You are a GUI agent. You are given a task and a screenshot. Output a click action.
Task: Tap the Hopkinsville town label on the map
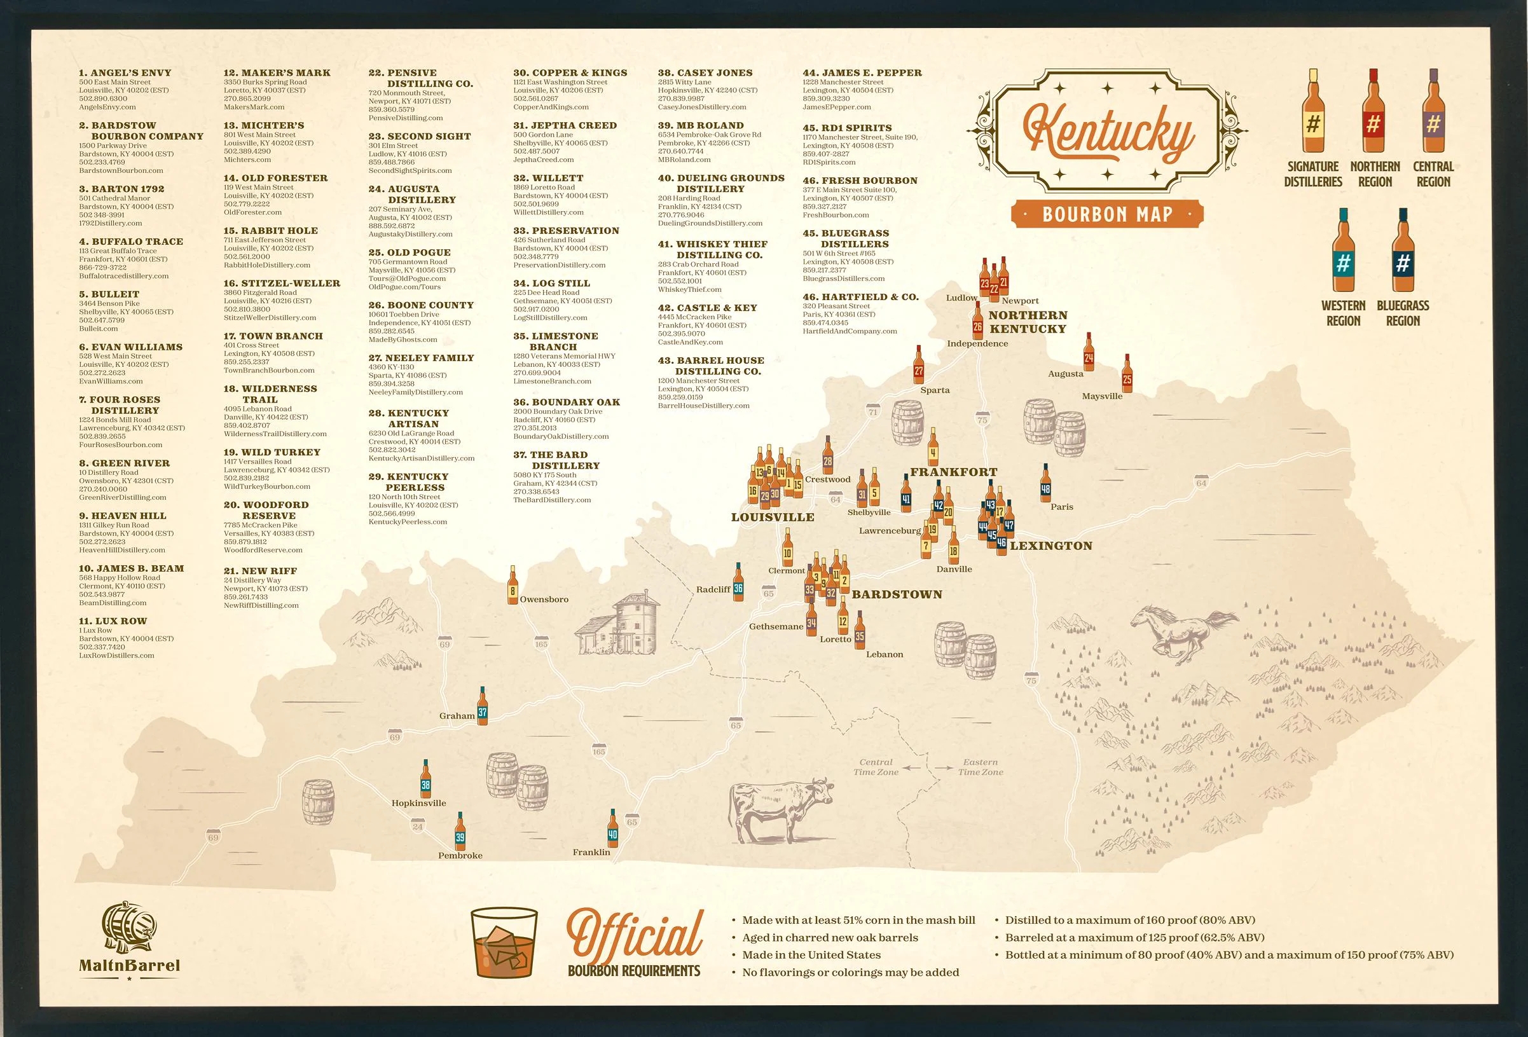(419, 803)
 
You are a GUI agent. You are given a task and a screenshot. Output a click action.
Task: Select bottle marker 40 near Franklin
(613, 828)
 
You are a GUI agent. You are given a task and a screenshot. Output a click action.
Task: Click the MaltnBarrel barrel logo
(130, 929)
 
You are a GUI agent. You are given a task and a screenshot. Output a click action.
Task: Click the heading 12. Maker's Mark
(277, 73)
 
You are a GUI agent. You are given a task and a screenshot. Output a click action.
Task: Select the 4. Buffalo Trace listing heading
(131, 242)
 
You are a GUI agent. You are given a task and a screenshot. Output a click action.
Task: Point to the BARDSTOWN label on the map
(897, 594)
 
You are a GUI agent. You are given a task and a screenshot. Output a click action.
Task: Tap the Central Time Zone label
(876, 767)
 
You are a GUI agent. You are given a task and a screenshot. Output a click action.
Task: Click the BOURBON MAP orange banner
(1108, 214)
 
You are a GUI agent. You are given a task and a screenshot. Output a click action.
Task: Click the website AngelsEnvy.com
(107, 107)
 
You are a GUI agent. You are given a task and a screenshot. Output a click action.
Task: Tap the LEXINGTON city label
(1050, 546)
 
